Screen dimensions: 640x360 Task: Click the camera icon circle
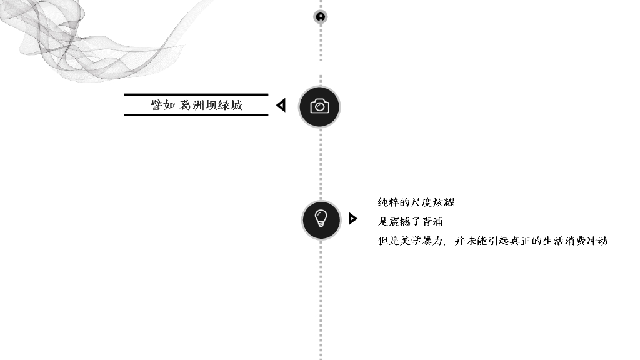[319, 106]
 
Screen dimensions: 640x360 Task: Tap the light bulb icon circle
[321, 219]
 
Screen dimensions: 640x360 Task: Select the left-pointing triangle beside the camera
[281, 106]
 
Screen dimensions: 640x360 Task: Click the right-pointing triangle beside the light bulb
[352, 219]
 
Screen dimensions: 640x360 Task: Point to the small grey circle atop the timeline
[321, 17]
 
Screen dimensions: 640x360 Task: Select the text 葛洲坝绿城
[211, 105]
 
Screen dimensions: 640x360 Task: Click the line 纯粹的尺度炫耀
[416, 202]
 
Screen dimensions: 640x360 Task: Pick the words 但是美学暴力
[411, 241]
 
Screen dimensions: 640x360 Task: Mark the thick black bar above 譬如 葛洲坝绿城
[196, 95]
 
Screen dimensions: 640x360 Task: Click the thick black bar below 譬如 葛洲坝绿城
[196, 114]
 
